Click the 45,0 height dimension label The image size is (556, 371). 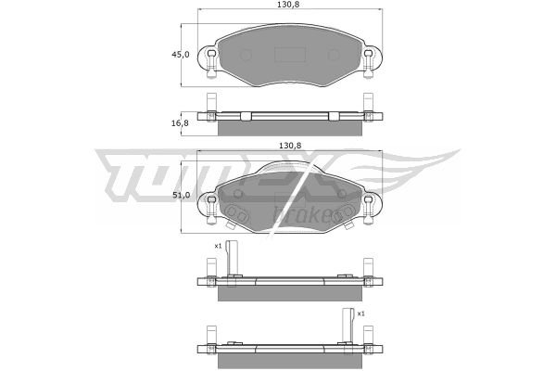pos(180,55)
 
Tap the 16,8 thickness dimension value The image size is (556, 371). pos(180,123)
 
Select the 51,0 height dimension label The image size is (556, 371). pos(181,195)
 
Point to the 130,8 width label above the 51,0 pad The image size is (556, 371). pos(290,146)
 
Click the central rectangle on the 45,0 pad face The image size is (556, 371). pos(290,55)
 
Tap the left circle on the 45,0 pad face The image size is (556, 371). pos(246,55)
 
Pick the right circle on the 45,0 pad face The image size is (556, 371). pos(334,55)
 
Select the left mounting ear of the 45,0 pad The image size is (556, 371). pos(208,61)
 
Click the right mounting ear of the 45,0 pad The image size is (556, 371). pos(372,61)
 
